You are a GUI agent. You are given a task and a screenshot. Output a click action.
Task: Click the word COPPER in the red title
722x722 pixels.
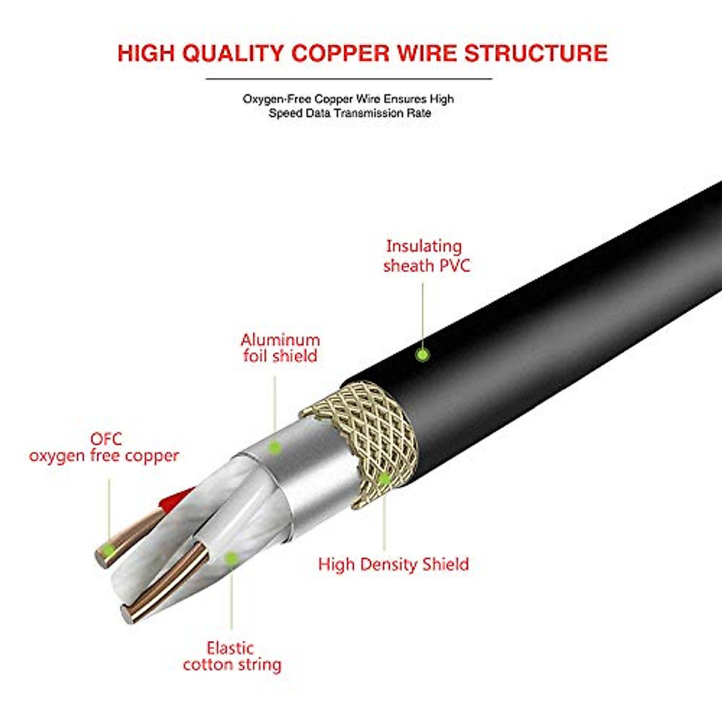coord(341,53)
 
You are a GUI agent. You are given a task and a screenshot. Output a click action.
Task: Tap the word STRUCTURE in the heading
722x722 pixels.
coord(535,53)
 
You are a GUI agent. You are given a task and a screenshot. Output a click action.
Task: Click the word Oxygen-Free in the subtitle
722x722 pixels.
coord(277,99)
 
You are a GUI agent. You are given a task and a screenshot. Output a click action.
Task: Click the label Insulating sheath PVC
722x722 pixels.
coord(426,256)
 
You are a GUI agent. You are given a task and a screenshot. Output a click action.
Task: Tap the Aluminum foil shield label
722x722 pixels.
coord(280,348)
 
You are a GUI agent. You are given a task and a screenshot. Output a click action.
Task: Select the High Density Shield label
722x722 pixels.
coord(393,564)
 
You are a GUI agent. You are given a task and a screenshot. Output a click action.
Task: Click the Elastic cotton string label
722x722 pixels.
coord(232,656)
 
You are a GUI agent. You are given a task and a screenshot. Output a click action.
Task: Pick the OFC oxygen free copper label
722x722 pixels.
coord(104,448)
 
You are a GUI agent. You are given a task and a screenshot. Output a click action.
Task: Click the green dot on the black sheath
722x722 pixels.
coord(423,355)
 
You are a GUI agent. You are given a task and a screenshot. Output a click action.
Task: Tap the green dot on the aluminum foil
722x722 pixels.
coord(274,447)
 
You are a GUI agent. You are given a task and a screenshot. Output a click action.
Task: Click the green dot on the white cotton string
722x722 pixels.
coord(231,558)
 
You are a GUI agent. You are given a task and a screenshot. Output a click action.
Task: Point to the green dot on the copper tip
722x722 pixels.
coord(109,549)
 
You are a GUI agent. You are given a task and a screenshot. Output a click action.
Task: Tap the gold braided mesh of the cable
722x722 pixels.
coord(373,433)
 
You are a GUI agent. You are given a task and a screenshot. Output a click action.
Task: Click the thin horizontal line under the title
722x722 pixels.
coord(349,79)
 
